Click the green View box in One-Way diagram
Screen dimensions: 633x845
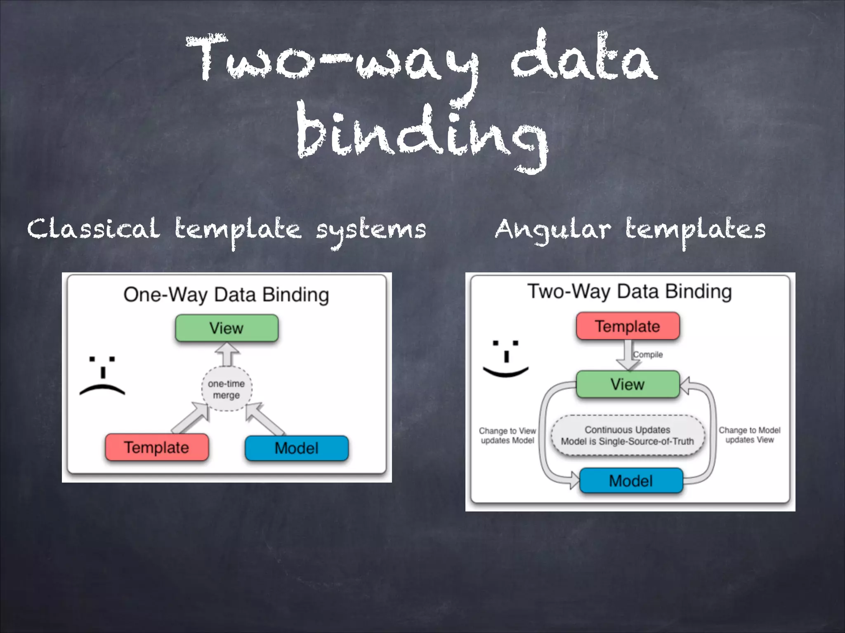point(227,328)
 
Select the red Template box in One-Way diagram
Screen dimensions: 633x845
point(157,447)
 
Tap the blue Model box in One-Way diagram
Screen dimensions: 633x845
point(297,448)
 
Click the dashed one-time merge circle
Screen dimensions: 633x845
point(227,389)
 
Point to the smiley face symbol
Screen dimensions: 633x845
point(506,359)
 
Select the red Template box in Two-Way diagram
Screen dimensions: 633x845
point(628,326)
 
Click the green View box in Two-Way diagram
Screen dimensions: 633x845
point(628,384)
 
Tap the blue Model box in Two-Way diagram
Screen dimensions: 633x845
point(631,481)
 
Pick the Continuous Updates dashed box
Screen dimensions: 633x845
point(628,436)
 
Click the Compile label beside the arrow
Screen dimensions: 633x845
point(648,354)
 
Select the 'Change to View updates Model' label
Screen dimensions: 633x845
point(507,436)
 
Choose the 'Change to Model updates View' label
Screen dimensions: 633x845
point(749,435)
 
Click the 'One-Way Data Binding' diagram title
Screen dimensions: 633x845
point(226,295)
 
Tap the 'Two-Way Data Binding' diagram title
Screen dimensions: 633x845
point(630,292)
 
